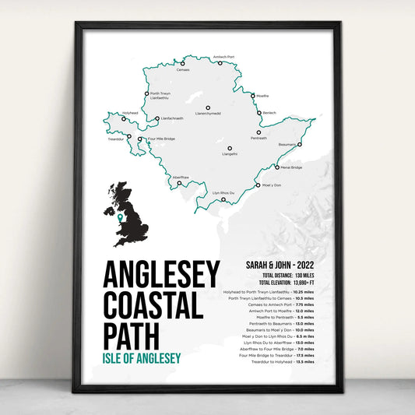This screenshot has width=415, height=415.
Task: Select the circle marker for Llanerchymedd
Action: pyautogui.click(x=208, y=107)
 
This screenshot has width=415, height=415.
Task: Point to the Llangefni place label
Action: pyautogui.click(x=229, y=154)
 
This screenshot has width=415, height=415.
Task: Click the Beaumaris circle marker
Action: pyautogui.click(x=300, y=144)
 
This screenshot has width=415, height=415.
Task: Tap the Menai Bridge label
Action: pyautogui.click(x=290, y=167)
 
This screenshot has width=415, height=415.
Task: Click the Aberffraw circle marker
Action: pyautogui.click(x=179, y=185)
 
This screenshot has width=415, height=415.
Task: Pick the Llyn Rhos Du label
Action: pyautogui.click(x=223, y=192)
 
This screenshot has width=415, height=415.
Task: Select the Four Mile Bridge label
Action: pyautogui.click(x=161, y=139)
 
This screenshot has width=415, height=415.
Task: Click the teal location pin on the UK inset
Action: pyautogui.click(x=119, y=219)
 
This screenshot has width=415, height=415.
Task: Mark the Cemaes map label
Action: pyautogui.click(x=183, y=69)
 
